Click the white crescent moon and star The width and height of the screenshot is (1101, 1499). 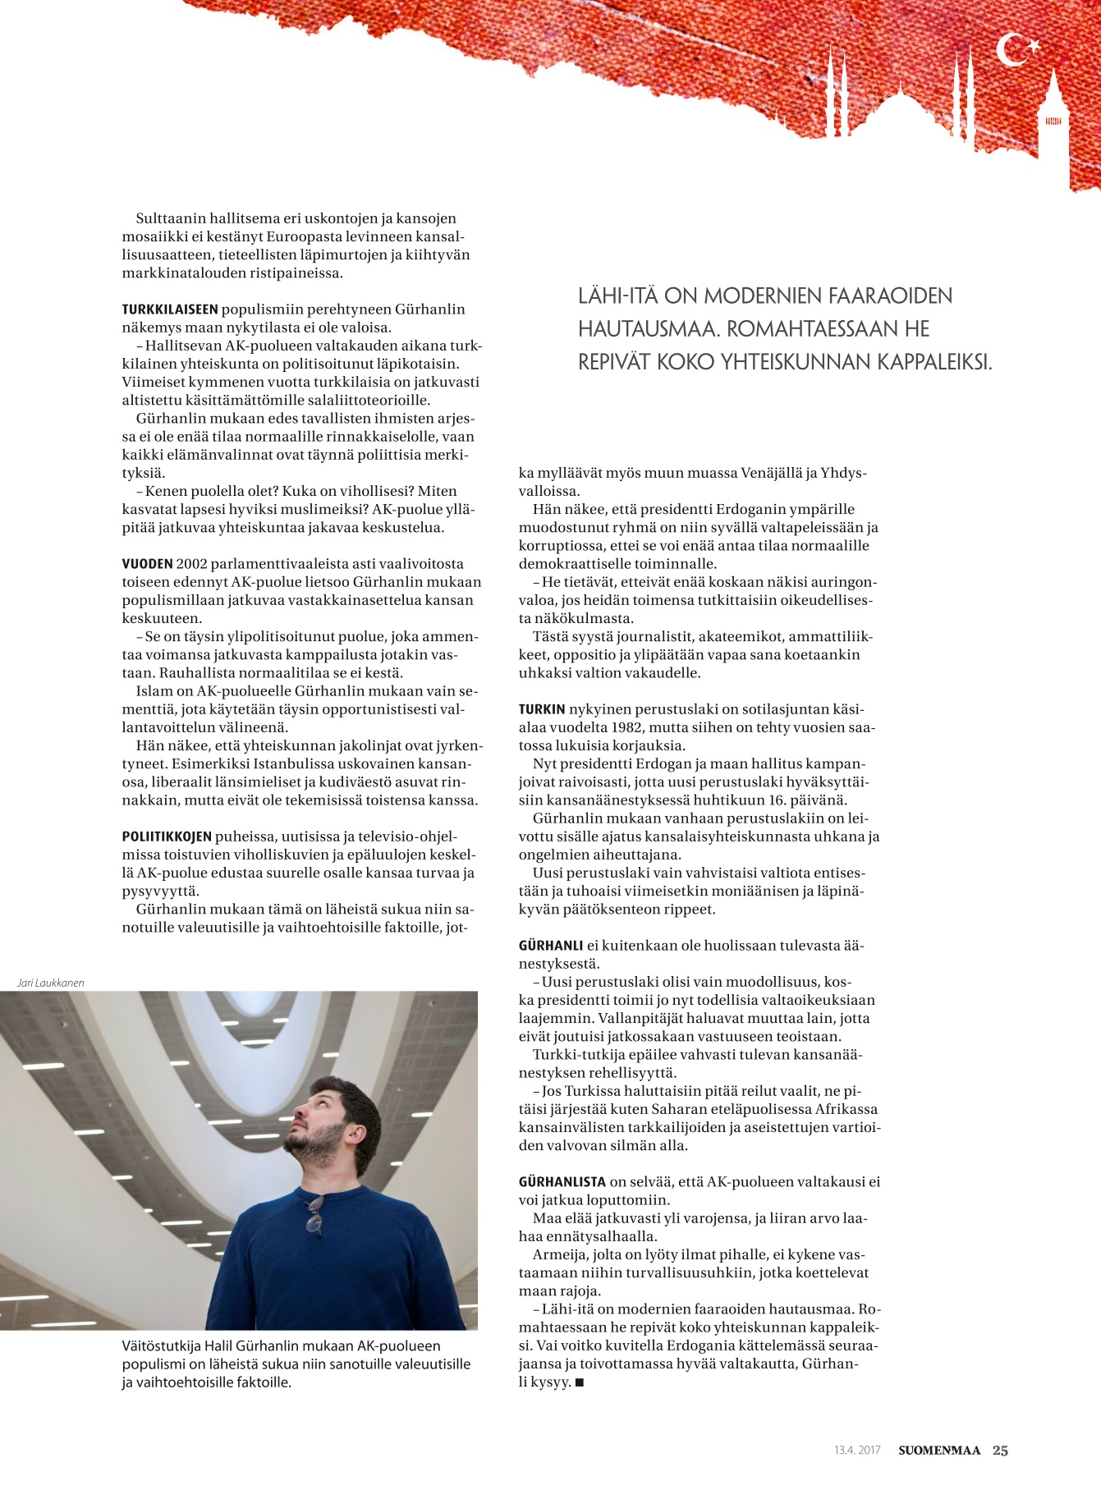click(x=1016, y=50)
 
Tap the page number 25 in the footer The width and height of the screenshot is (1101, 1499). click(x=1000, y=1450)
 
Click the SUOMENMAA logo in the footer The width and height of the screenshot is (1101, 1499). click(x=939, y=1451)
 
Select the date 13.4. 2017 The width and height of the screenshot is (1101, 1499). click(x=857, y=1451)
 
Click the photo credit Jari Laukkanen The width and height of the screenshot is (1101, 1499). click(x=50, y=983)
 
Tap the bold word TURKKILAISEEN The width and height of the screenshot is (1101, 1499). click(x=170, y=309)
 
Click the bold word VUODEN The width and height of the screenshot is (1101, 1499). click(x=148, y=564)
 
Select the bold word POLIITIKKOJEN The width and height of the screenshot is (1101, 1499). click(x=167, y=837)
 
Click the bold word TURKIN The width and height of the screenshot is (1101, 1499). click(x=542, y=709)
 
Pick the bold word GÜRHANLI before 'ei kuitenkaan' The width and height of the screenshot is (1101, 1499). click(x=551, y=946)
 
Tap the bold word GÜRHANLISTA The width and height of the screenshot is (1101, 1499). click(x=562, y=1182)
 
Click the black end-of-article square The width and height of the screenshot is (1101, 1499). click(x=580, y=1382)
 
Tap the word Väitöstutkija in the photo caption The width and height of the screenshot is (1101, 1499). click(x=158, y=1345)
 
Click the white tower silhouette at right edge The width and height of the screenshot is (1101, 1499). click(x=1053, y=115)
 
